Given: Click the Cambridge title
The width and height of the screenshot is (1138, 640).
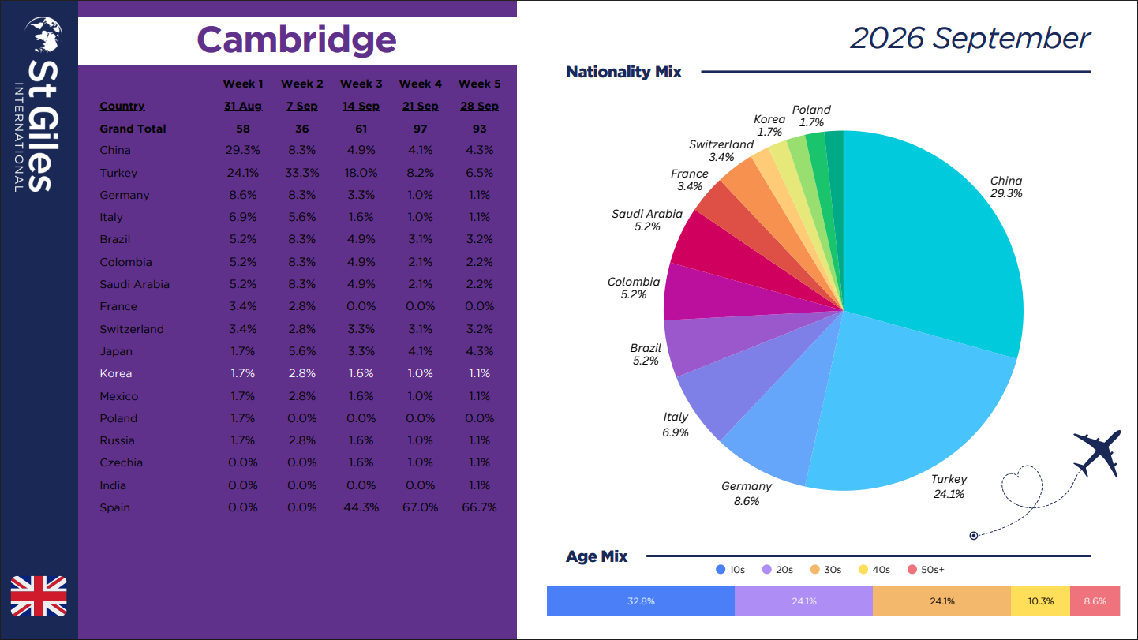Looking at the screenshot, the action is pyautogui.click(x=296, y=40).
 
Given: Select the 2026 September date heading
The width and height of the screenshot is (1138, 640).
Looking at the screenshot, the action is pyautogui.click(x=970, y=38).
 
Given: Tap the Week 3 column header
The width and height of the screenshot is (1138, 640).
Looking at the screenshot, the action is pyautogui.click(x=361, y=84).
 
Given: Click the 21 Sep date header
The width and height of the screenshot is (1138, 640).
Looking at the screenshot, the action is pyautogui.click(x=420, y=106).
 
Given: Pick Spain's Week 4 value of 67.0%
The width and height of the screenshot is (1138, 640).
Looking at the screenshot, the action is pyautogui.click(x=420, y=507).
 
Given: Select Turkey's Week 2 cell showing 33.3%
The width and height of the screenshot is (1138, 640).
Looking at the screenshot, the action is pyautogui.click(x=301, y=173).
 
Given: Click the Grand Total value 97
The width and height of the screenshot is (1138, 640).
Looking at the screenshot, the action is pyautogui.click(x=420, y=129).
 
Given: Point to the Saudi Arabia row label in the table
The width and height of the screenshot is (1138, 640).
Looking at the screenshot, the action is pyautogui.click(x=135, y=284).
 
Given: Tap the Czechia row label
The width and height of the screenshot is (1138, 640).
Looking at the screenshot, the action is pyautogui.click(x=121, y=462).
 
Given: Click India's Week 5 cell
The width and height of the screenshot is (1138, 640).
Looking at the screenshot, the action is pyautogui.click(x=479, y=485).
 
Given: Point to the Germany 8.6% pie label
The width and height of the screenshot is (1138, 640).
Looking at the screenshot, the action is pyautogui.click(x=747, y=494).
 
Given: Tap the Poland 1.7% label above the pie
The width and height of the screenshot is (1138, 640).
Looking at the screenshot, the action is pyautogui.click(x=811, y=116).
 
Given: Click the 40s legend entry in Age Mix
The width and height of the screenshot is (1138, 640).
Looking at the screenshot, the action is pyautogui.click(x=874, y=570).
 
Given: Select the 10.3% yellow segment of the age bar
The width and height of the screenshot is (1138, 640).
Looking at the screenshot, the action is pyautogui.click(x=1040, y=601).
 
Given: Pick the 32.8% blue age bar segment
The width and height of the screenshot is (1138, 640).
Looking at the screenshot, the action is pyautogui.click(x=641, y=601).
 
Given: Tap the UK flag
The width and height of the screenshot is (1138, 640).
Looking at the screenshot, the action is pyautogui.click(x=39, y=597).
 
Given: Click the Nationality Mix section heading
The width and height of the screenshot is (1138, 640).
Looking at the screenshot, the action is pyautogui.click(x=623, y=72).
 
